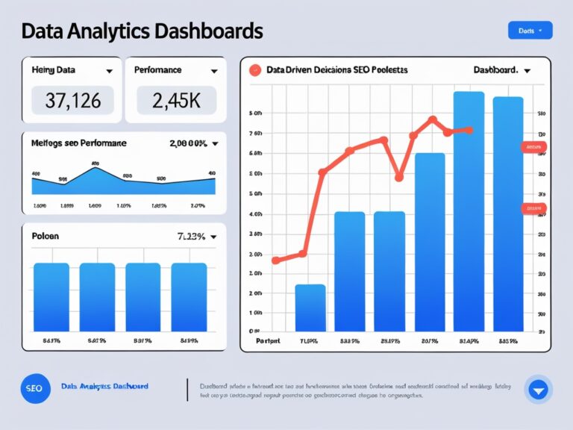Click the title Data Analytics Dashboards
click(142, 31)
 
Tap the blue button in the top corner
click(530, 30)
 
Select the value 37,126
click(73, 100)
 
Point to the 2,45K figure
click(175, 100)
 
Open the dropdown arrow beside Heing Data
click(110, 71)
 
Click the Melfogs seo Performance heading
click(78, 143)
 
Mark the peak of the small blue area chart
click(95, 168)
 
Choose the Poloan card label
click(45, 236)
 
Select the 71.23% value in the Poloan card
click(191, 237)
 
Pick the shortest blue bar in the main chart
click(310, 307)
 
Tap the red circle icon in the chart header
click(254, 70)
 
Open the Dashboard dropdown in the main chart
click(501, 70)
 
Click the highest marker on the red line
click(432, 119)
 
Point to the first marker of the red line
click(275, 261)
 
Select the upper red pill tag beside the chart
click(533, 148)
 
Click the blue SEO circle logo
click(34, 388)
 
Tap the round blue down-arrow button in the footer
click(538, 389)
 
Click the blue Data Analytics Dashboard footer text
click(104, 386)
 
